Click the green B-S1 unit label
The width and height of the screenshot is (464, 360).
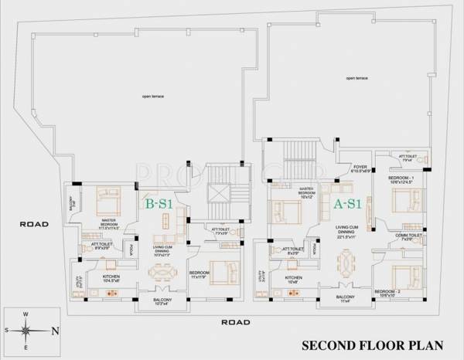pos(159,205)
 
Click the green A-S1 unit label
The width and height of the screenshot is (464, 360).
pos(349,205)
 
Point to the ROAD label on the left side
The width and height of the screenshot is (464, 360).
pos(34,225)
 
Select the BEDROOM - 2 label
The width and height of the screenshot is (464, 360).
pos(400,294)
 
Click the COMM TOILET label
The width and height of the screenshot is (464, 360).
pos(407,236)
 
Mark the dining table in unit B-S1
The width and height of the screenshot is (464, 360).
pos(162,273)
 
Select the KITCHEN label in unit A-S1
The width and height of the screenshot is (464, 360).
pos(292,279)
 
